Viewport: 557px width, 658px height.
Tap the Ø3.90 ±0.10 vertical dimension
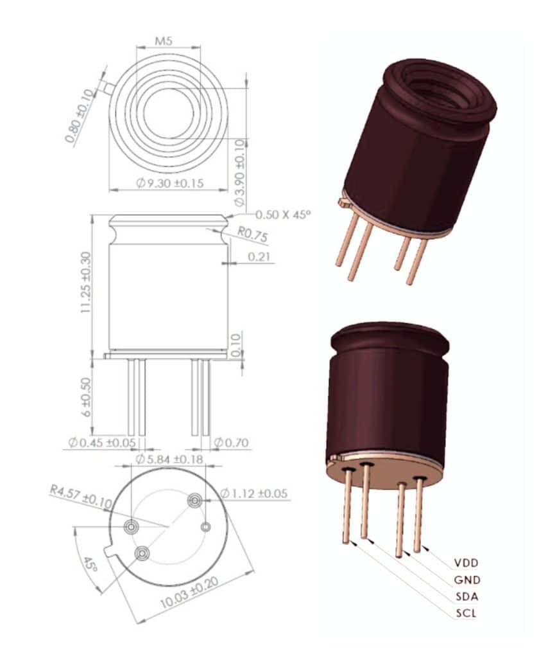pos(240,173)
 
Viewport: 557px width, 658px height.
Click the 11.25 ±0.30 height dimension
pos(85,283)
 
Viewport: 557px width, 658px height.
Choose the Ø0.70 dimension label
pos(231,443)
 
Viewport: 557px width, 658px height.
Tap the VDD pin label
pos(467,563)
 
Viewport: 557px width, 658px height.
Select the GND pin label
pos(467,580)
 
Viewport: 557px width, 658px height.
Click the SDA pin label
pos(467,596)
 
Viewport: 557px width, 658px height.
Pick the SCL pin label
pos(466,613)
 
